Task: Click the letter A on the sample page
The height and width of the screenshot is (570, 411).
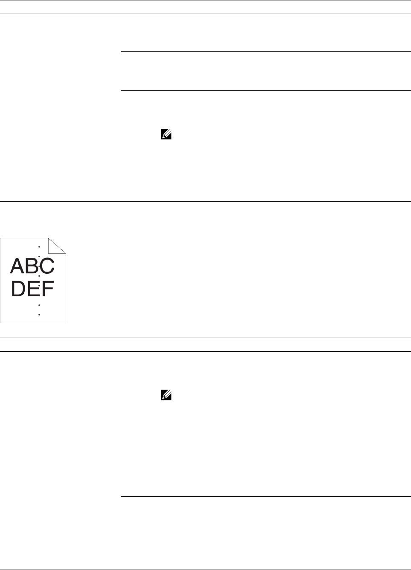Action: point(17,266)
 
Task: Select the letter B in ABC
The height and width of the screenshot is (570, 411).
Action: point(32,266)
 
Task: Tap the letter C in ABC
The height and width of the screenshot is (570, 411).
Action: point(47,266)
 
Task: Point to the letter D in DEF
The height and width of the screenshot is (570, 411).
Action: point(19,289)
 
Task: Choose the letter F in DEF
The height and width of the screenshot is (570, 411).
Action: point(47,289)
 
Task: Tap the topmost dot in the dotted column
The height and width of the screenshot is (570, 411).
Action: point(39,246)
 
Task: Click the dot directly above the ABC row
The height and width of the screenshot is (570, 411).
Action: point(39,256)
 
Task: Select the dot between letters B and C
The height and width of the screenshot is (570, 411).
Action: point(39,266)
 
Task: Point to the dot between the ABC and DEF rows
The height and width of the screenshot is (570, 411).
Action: point(39,276)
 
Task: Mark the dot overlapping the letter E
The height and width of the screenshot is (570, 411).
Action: point(39,286)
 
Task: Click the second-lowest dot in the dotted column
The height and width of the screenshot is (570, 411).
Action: point(39,305)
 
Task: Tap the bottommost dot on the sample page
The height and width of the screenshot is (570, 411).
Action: point(39,315)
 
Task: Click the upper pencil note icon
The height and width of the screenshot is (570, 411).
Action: point(166,135)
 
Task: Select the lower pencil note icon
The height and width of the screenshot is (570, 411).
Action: point(166,396)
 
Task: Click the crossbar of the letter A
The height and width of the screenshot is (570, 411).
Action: point(17,269)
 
